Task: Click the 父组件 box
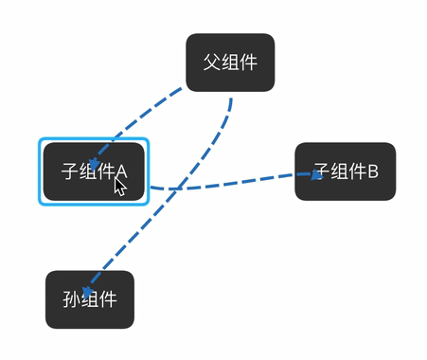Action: coord(230,63)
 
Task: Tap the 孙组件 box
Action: coord(90,299)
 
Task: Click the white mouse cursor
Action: coord(120,185)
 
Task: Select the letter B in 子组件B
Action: coord(372,171)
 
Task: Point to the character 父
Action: coord(212,63)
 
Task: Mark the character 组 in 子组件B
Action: coord(338,171)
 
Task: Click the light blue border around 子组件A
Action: coord(41,171)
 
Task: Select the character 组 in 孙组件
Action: coord(90,299)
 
